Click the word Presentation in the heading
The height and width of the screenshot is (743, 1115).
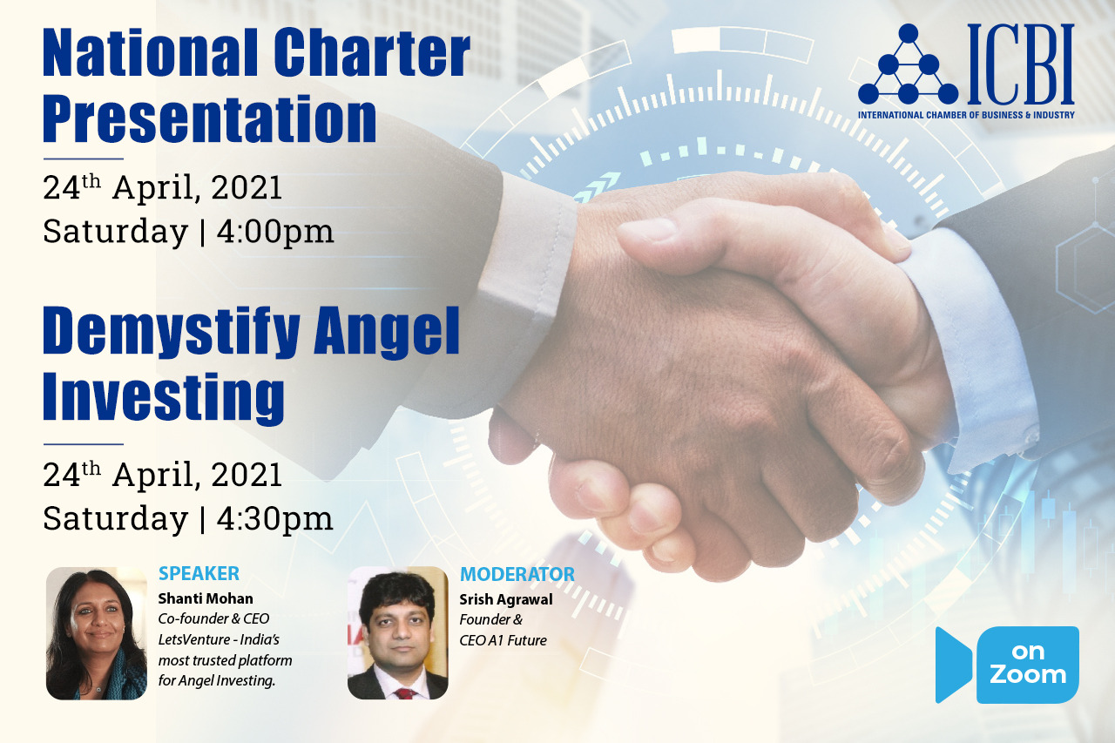point(210,119)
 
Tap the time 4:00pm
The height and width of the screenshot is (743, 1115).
point(274,232)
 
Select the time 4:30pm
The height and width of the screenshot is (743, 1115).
point(274,519)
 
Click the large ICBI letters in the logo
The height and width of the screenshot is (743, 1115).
point(1021,64)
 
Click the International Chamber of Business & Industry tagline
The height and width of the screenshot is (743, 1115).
point(966,115)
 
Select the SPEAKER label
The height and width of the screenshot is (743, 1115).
point(199,573)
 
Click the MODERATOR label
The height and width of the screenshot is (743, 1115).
point(517,574)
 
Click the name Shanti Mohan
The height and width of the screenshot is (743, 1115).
point(206,598)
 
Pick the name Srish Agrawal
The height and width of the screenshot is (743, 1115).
point(506,599)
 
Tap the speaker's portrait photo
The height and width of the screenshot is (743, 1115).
point(97,633)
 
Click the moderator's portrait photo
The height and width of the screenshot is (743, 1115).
point(398,633)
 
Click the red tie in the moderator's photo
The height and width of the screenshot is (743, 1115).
point(406,693)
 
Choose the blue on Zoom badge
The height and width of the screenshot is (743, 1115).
point(1007,665)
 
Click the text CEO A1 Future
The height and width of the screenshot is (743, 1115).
point(503,640)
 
